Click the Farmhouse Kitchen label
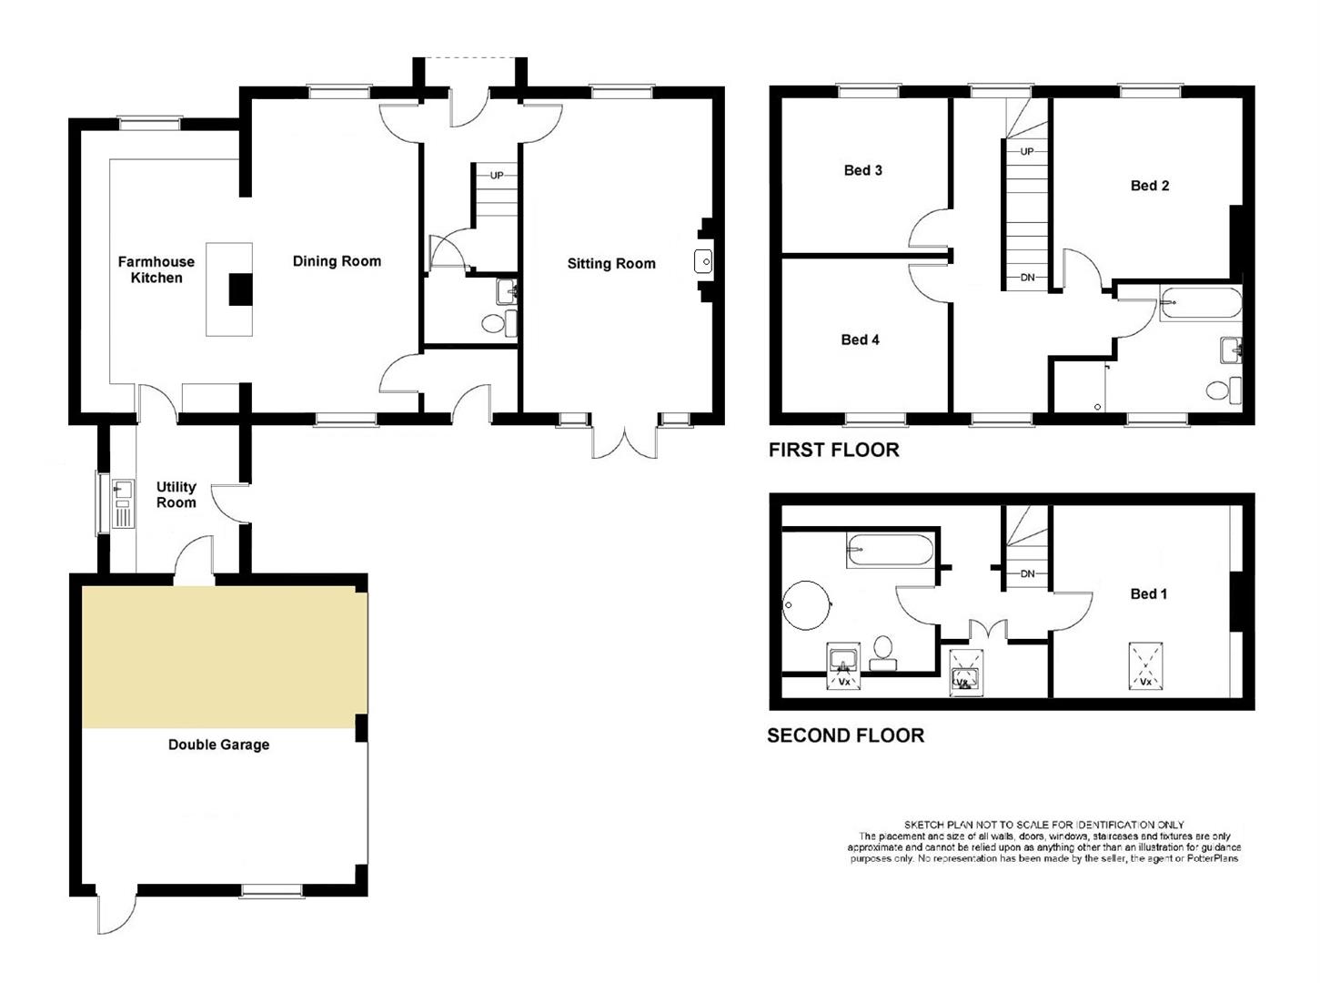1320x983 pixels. tap(156, 269)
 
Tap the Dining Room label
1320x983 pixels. tap(337, 261)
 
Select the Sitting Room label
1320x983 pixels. tap(611, 263)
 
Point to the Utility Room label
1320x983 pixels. tap(176, 495)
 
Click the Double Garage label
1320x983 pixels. tap(218, 745)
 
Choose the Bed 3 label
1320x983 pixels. tap(863, 170)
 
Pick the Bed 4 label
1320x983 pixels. tap(860, 339)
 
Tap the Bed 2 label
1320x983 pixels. tap(1149, 186)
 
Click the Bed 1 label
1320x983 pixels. tap(1149, 593)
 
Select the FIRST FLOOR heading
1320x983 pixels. tap(834, 451)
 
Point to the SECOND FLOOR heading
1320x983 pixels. tap(846, 736)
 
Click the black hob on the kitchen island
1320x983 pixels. tap(241, 289)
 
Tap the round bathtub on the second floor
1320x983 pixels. tap(806, 605)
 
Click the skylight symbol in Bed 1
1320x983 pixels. tap(1145, 666)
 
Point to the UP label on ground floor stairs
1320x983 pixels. tap(497, 176)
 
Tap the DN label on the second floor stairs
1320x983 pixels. tap(1027, 574)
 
